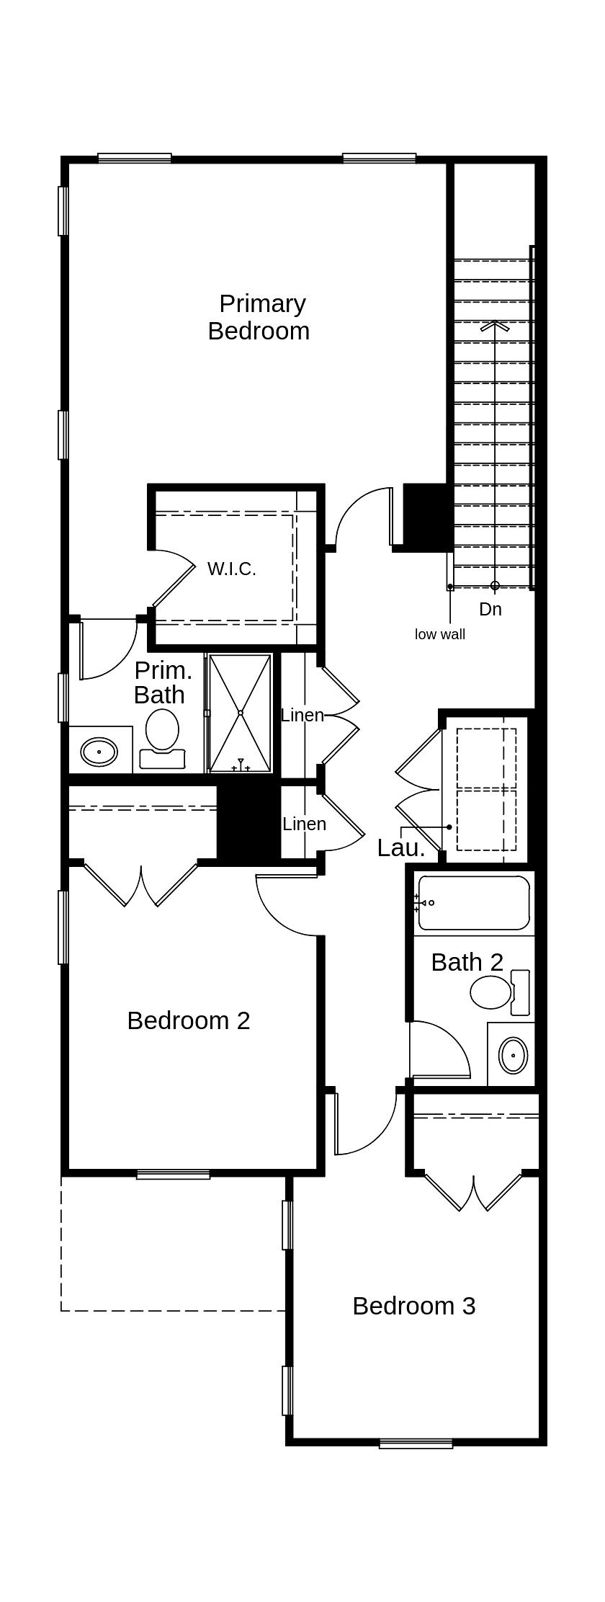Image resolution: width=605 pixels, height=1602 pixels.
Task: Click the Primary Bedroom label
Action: click(x=259, y=317)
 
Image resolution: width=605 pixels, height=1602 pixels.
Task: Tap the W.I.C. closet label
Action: click(x=232, y=569)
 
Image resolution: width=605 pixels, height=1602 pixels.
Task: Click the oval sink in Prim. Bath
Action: click(x=99, y=752)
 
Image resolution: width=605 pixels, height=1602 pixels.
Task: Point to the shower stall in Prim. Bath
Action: click(x=241, y=713)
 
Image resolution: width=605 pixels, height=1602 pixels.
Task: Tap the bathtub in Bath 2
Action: click(x=474, y=903)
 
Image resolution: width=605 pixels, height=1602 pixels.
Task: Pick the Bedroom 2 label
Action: click(x=189, y=1020)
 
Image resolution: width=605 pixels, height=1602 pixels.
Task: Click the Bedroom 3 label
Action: click(x=414, y=1306)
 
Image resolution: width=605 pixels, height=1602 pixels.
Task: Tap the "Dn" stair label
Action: click(x=490, y=609)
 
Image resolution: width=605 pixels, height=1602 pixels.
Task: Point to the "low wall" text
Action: click(x=440, y=634)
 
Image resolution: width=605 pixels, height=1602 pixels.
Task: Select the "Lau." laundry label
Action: click(x=401, y=847)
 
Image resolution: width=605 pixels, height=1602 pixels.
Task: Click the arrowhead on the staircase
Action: click(x=495, y=326)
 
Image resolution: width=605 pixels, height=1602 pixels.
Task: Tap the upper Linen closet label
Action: click(x=302, y=715)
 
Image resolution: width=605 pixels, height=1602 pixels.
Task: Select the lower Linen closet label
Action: click(x=304, y=824)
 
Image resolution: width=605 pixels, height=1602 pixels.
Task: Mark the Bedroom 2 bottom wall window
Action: click(x=174, y=1175)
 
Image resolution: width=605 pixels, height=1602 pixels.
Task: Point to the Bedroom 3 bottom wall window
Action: click(x=416, y=1443)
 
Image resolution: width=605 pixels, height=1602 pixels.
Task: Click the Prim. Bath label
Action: click(x=163, y=682)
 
